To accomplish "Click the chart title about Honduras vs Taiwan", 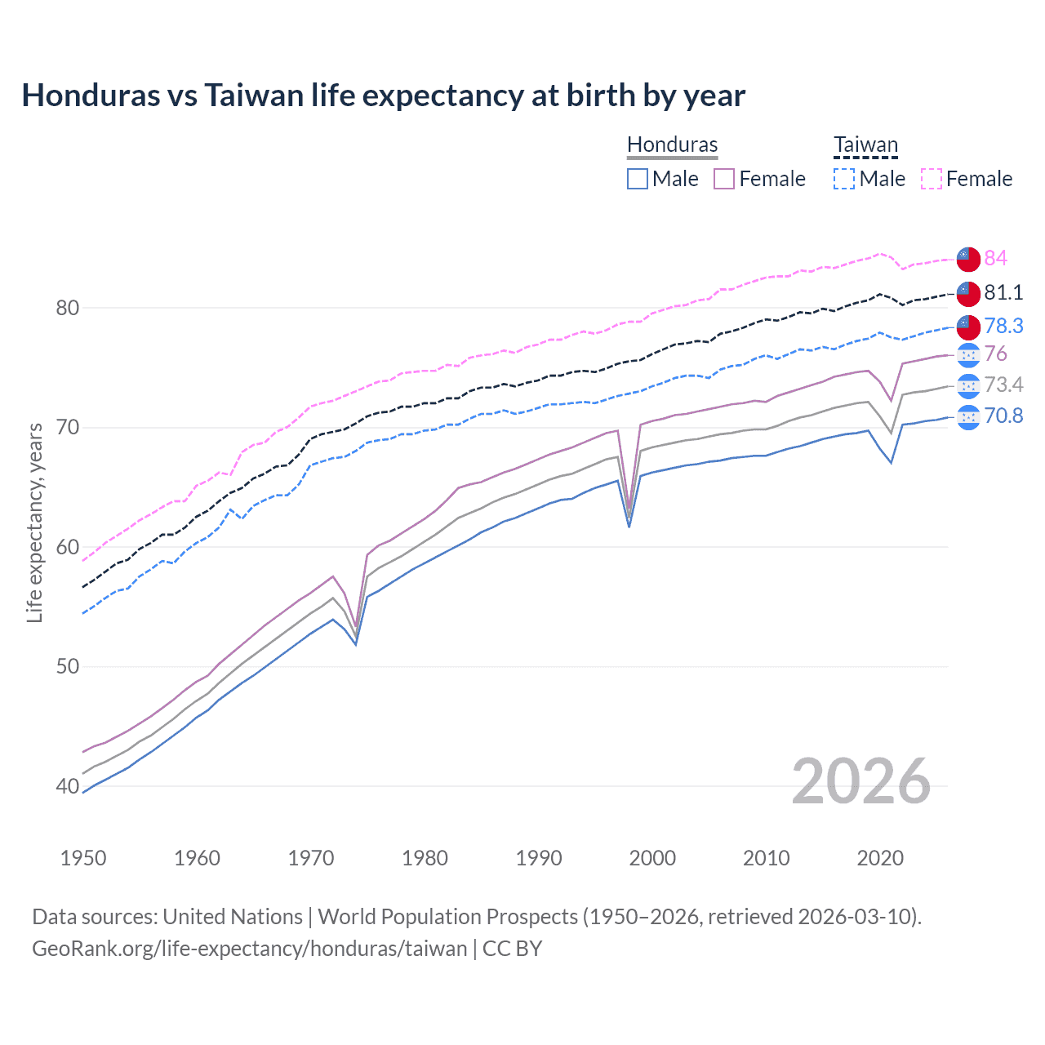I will (383, 96).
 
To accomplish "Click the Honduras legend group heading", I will (672, 145).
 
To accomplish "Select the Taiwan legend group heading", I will (865, 145).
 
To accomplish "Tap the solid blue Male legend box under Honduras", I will (638, 179).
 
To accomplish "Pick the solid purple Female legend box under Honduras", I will (724, 179).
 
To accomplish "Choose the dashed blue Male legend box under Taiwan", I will (844, 179).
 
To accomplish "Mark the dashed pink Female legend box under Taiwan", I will (932, 179).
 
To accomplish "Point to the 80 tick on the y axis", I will (67, 308).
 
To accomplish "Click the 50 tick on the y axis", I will (67, 666).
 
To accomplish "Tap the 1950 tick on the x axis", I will (83, 858).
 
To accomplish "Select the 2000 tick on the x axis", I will (652, 858).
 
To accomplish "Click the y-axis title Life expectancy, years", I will (34, 522).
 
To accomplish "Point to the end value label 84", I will (995, 258).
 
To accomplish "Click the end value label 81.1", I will (1003, 292).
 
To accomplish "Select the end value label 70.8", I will (1003, 416).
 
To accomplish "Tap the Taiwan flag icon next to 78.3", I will (968, 326).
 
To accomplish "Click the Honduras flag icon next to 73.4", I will (968, 385).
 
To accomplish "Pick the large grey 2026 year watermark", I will (860, 781).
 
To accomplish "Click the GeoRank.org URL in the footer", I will (249, 949).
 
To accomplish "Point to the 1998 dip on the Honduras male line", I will (629, 526).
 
